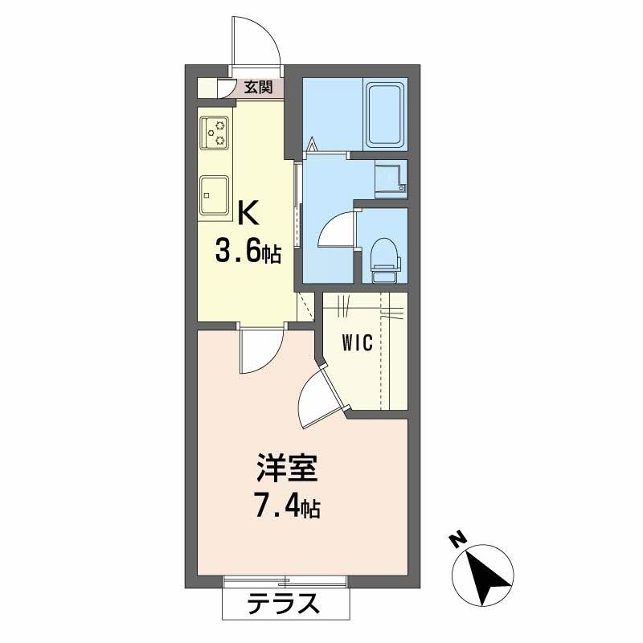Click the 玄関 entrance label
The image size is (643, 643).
258,87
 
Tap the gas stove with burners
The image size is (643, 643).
214,133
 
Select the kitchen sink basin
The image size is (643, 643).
214,195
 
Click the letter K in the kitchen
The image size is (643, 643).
248,214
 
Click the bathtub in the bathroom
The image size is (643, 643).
385,114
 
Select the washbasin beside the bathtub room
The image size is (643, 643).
391,178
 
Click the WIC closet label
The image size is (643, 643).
358,343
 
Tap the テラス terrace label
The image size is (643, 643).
284,603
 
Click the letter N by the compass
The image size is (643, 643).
459,540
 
